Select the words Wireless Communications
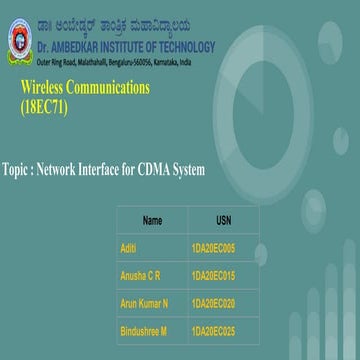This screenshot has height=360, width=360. click(85, 88)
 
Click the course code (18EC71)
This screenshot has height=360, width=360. click(45, 107)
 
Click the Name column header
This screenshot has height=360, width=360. click(152, 220)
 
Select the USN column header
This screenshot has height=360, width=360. click(222, 220)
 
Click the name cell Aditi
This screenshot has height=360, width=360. click(128, 247)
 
